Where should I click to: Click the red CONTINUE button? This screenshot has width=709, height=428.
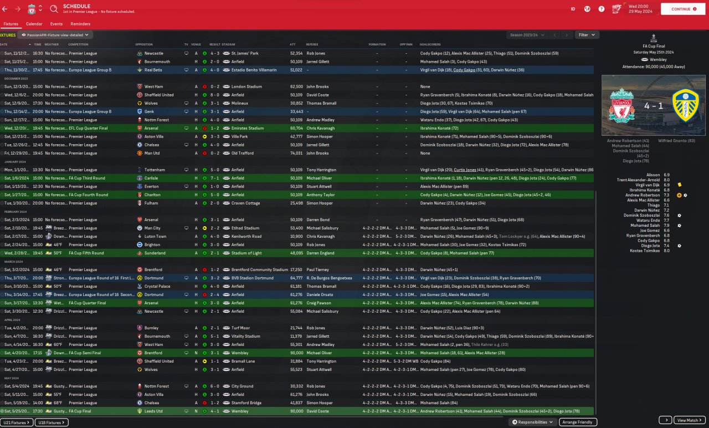click(682, 9)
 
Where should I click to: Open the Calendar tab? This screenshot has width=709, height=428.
click(34, 24)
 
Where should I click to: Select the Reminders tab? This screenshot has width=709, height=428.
click(80, 24)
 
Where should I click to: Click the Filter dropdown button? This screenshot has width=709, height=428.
click(587, 35)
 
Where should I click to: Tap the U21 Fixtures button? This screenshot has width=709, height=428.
click(17, 422)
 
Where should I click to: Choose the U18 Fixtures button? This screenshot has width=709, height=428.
click(52, 422)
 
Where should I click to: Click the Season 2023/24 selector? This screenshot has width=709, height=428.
click(527, 35)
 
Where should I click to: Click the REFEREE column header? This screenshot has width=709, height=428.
click(312, 44)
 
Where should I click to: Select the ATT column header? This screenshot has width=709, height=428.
click(292, 44)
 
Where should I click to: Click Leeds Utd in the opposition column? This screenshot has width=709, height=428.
click(153, 411)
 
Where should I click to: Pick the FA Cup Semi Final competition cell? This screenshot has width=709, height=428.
click(88, 353)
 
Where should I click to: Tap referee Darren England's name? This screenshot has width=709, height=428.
click(320, 253)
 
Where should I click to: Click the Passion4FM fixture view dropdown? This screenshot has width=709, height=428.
click(55, 35)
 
